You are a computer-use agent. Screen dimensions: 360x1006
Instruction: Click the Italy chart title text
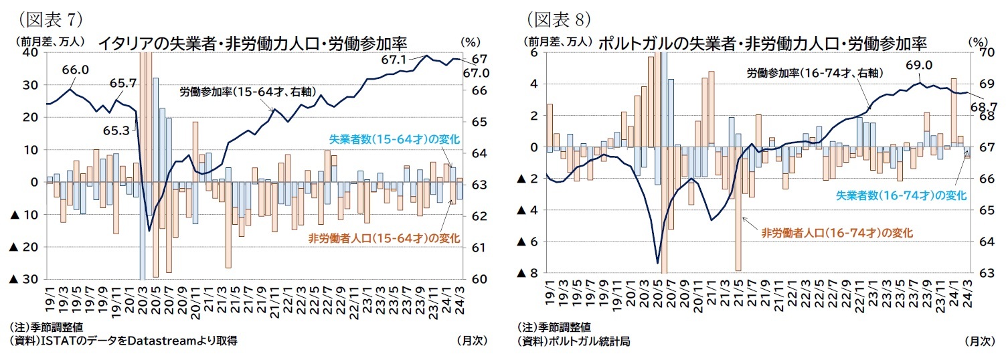[252, 43]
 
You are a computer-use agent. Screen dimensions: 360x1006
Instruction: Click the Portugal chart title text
[761, 43]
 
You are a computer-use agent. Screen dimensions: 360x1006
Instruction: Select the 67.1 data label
[394, 60]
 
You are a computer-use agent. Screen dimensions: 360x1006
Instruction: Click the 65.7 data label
[123, 83]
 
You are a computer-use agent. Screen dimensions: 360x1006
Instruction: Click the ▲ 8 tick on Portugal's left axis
[529, 273]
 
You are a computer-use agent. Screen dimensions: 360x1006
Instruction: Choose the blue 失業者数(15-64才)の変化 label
[394, 139]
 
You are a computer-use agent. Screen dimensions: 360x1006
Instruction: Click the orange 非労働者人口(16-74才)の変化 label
[837, 232]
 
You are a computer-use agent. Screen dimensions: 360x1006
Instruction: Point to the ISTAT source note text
[124, 341]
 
